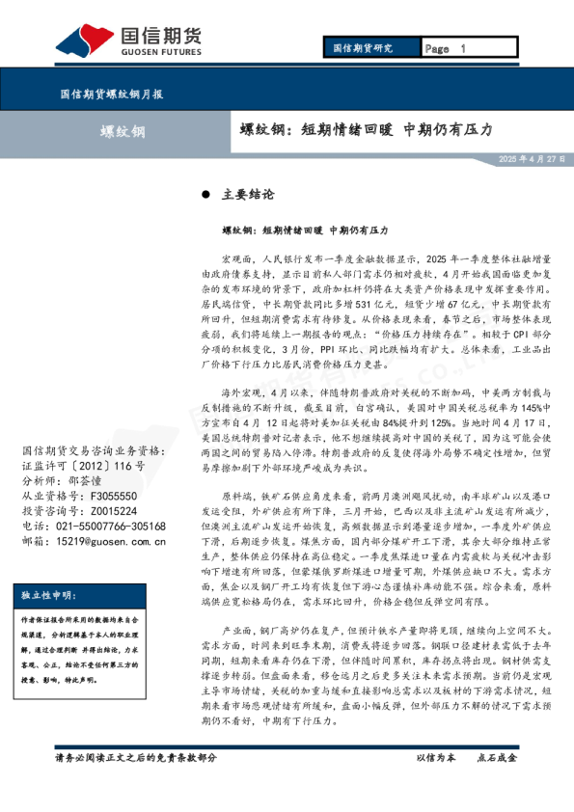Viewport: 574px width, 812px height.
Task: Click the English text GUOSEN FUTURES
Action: (159, 55)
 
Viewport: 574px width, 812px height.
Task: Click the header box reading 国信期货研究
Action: (363, 48)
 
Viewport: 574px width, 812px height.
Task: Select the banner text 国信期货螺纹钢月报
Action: (111, 95)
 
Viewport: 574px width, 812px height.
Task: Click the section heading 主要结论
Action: (248, 194)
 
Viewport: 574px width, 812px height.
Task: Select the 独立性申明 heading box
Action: (54, 595)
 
